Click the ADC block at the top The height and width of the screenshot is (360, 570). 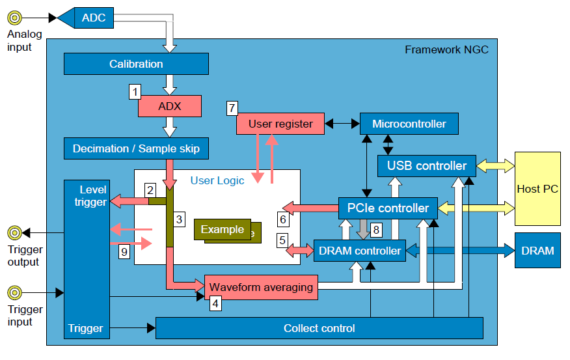pyautogui.click(x=93, y=18)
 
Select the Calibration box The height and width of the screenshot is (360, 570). pyautogui.click(x=136, y=64)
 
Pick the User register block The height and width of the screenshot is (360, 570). pyautogui.click(x=280, y=124)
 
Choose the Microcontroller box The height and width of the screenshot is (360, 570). pyautogui.click(x=409, y=124)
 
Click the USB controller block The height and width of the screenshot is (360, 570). pyautogui.click(x=426, y=165)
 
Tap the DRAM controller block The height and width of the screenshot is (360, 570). pyautogui.click(x=359, y=251)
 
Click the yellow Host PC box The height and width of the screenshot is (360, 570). pyautogui.click(x=537, y=189)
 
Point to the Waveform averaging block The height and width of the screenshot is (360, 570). pyautogui.click(x=261, y=287)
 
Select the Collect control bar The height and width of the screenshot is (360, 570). pyautogui.click(x=319, y=328)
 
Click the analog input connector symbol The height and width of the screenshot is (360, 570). pyautogui.click(x=14, y=18)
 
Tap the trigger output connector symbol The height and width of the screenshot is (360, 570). pyautogui.click(x=14, y=232)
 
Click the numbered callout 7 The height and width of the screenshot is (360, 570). pyautogui.click(x=232, y=107)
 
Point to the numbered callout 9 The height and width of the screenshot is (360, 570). pyautogui.click(x=124, y=251)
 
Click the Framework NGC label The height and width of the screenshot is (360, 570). pyautogui.click(x=446, y=49)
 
